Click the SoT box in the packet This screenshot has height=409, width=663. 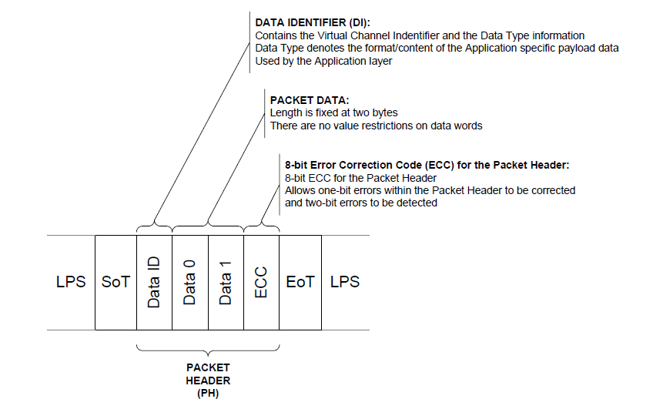pos(116,283)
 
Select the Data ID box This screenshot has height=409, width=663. pos(154,283)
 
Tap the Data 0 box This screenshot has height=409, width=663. pos(190,283)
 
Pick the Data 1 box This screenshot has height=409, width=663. pos(226,283)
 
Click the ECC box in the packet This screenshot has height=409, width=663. pos(261,283)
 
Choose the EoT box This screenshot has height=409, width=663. pos(300,283)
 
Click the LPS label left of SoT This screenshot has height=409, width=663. pos(71,282)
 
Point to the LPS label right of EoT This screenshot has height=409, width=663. pos(345,282)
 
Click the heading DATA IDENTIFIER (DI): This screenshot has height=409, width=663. pos(313,23)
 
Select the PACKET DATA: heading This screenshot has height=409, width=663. pos(310,100)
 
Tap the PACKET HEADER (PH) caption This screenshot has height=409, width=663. pos(208,381)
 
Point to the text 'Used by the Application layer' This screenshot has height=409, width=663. pos(323,62)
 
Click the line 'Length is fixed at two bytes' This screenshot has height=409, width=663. pos(333,113)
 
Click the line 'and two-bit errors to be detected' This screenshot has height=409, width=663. pos(360,203)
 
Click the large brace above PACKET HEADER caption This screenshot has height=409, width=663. pos(208,350)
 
